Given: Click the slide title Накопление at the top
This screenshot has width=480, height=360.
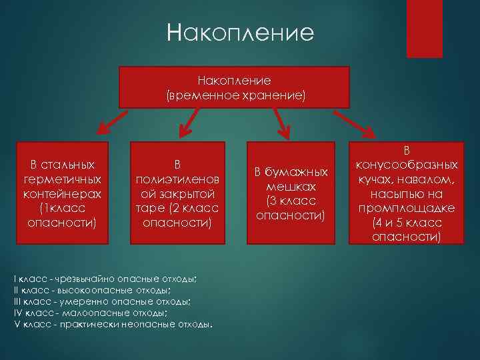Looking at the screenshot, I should pyautogui.click(x=239, y=33).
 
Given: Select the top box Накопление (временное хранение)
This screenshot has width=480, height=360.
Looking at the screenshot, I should pyautogui.click(x=234, y=87).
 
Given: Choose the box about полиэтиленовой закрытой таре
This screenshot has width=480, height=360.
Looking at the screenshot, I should pyautogui.click(x=177, y=193).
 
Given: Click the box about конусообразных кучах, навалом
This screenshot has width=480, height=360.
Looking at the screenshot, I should pyautogui.click(x=406, y=193).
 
